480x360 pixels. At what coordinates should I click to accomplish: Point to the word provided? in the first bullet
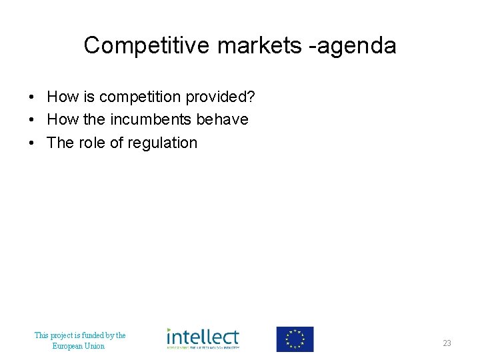(220, 97)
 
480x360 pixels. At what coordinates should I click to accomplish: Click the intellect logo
(203, 339)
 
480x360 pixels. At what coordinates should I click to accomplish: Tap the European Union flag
(295, 339)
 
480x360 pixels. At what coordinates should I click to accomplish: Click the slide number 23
(447, 343)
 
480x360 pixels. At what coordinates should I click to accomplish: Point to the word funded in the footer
(87, 335)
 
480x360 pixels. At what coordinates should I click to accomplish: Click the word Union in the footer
(95, 346)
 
